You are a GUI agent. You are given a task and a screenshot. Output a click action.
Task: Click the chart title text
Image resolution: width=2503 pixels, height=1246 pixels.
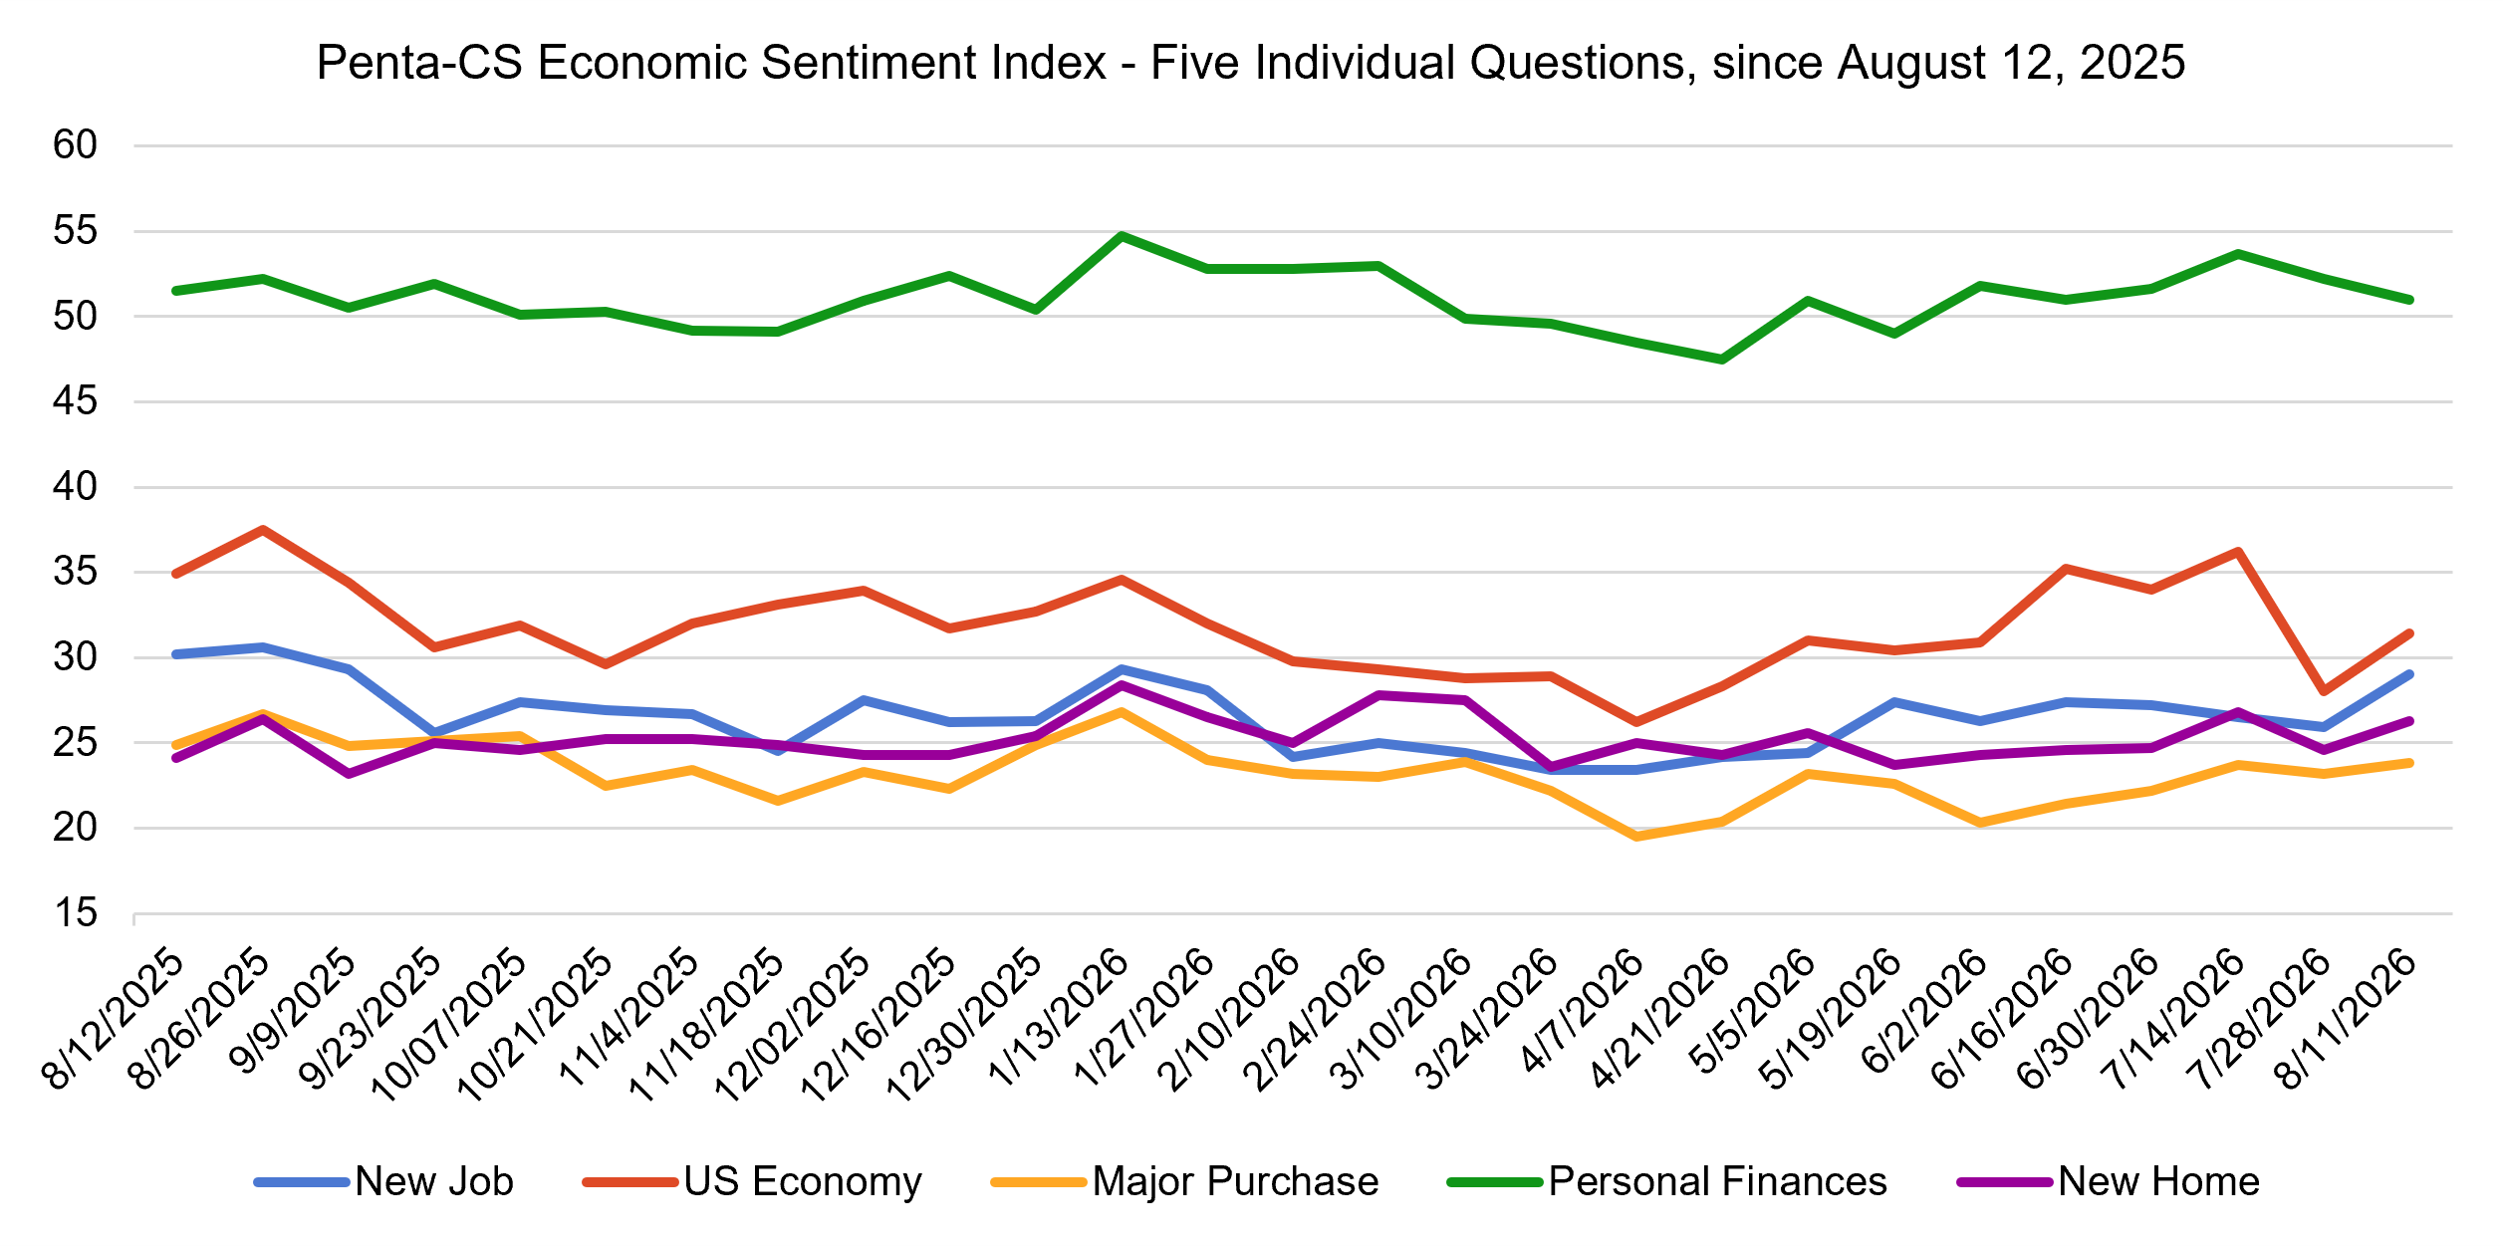pos(1250,63)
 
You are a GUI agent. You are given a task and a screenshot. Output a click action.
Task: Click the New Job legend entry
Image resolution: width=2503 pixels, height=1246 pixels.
pos(384,1181)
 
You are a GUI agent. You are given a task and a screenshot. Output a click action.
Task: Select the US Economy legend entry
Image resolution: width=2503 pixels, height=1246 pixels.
pos(753,1181)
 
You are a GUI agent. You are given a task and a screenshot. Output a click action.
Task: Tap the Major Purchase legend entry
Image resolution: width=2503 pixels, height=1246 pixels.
pos(1185,1181)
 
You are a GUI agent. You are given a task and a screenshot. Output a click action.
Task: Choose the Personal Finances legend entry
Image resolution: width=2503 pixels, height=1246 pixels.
pos(1667,1181)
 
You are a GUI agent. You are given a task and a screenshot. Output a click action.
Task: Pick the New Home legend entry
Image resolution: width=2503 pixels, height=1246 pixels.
pos(2109,1181)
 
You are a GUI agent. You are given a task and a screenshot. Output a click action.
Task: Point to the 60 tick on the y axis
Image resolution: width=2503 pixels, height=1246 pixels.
pos(76,145)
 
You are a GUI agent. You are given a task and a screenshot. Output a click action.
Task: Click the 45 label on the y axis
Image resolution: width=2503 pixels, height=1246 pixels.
pos(76,401)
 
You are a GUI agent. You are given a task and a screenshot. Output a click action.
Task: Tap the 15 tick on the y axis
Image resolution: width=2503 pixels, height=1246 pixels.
pos(76,912)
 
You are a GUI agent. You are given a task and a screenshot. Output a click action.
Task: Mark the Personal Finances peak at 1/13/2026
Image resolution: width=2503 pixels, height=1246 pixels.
pos(1122,236)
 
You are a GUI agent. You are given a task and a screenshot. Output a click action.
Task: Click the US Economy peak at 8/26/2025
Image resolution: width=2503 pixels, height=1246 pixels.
pos(262,530)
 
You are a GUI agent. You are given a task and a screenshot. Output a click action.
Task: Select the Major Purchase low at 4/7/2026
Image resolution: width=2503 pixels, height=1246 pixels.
pos(1636,837)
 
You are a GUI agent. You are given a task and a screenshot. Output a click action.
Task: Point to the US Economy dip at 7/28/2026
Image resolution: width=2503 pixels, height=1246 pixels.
pos(2324,691)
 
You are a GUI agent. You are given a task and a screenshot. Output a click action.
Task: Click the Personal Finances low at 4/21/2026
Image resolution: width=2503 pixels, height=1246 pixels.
pos(1722,360)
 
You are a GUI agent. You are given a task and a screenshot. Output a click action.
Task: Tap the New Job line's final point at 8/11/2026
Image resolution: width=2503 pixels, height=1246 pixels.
pos(2410,674)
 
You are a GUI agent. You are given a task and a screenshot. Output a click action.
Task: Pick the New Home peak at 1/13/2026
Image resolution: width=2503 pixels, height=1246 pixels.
pos(1122,685)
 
